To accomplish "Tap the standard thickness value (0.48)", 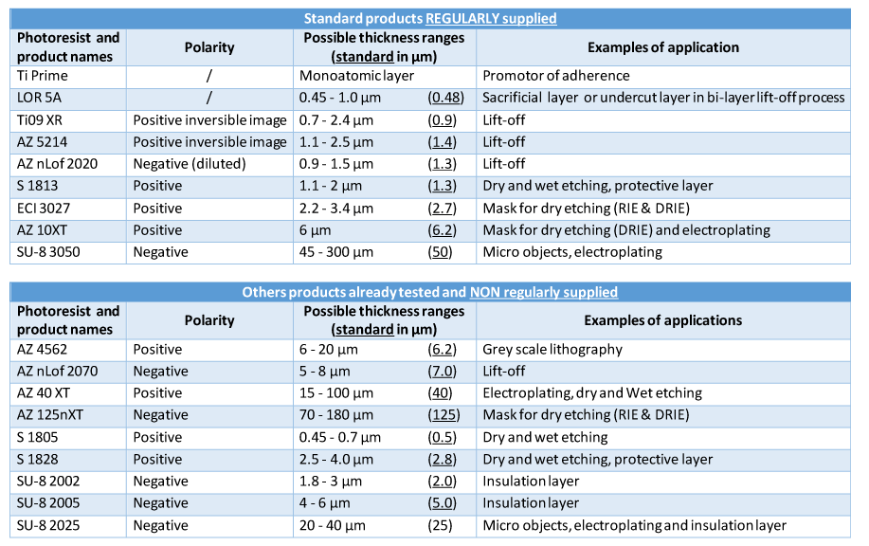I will pos(445,98).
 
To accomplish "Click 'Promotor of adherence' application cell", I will pos(556,76).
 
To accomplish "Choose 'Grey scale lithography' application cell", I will pos(552,349).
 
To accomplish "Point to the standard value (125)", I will pos(444,415).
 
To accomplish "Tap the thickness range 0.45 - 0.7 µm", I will pos(340,437).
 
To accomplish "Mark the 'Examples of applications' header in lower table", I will pos(662,320).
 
